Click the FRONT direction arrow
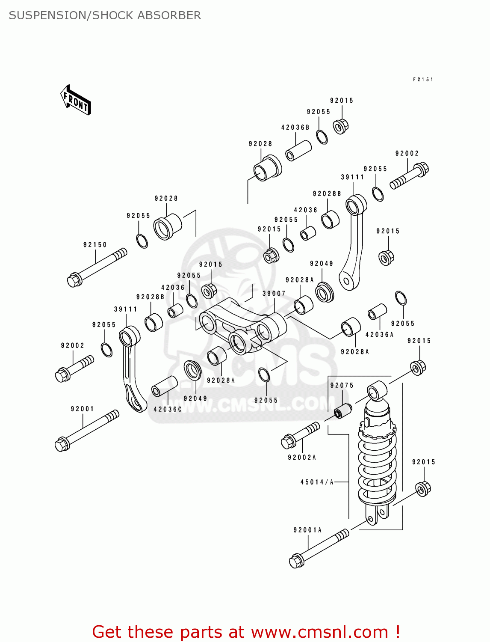(76, 100)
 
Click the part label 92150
(95, 245)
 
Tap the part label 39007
(274, 294)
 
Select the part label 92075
(342, 385)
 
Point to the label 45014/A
(317, 482)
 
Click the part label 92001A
(307, 530)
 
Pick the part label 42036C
(168, 409)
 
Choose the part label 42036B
(295, 128)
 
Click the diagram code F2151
(423, 80)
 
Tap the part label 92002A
(302, 458)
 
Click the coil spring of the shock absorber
(377, 467)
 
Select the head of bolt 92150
(74, 280)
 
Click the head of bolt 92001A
(296, 561)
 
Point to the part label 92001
(83, 409)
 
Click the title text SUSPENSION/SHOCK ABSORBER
(105, 15)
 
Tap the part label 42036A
(379, 335)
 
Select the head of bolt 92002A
(288, 441)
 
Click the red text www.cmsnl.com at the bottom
(319, 632)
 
